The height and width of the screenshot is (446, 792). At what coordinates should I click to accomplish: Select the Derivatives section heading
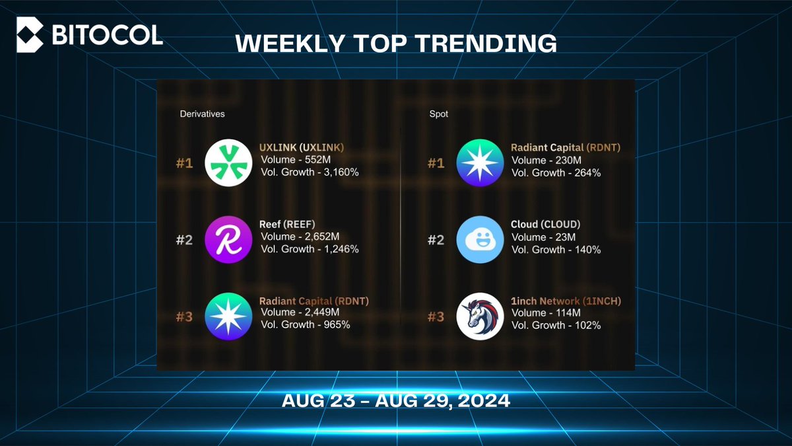pyautogui.click(x=203, y=114)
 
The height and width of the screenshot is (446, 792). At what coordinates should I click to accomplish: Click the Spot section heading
pyautogui.click(x=438, y=114)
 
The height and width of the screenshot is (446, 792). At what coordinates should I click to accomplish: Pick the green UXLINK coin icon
pyautogui.click(x=229, y=164)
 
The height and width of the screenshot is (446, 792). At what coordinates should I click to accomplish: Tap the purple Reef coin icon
pyautogui.click(x=229, y=240)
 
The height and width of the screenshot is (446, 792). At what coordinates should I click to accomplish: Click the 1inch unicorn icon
pyautogui.click(x=480, y=316)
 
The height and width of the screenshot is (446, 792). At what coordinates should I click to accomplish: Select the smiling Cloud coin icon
pyautogui.click(x=480, y=240)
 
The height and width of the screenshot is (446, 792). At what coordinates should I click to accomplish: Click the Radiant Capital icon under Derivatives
pyautogui.click(x=229, y=316)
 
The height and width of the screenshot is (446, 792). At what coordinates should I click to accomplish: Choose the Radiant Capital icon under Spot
pyautogui.click(x=480, y=164)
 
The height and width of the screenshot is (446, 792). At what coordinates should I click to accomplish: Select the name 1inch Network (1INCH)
pyautogui.click(x=566, y=301)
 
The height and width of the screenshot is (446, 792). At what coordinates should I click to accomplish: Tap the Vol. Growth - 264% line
pyautogui.click(x=556, y=172)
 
